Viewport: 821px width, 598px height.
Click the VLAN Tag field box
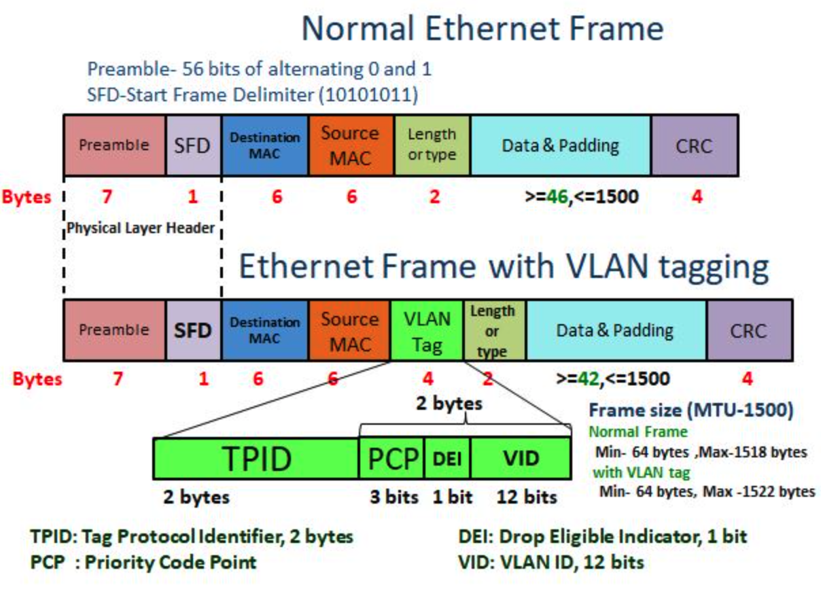point(427,331)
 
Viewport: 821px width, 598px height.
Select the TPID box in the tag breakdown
point(256,459)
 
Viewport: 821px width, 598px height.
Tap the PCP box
point(391,459)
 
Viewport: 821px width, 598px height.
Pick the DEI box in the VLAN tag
point(447,459)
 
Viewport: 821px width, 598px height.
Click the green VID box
point(520,459)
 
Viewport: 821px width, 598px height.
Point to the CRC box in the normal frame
point(695,145)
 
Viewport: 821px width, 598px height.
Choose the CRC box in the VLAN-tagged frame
point(749,331)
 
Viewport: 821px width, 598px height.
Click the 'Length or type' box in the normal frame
point(432,145)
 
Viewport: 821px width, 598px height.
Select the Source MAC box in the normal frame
point(351,145)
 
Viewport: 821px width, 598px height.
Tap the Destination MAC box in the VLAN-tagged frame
point(264,331)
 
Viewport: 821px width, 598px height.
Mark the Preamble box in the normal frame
point(114,145)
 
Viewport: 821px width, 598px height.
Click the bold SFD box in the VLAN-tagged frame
point(193,331)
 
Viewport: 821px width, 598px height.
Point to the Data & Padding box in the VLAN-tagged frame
point(616,331)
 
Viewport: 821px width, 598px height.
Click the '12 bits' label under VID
point(527,497)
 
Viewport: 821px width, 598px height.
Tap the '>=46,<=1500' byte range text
point(582,197)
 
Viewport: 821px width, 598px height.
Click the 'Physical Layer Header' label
point(142,228)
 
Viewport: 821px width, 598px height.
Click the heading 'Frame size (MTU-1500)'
point(691,411)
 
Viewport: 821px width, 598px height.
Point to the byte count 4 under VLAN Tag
point(427,379)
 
